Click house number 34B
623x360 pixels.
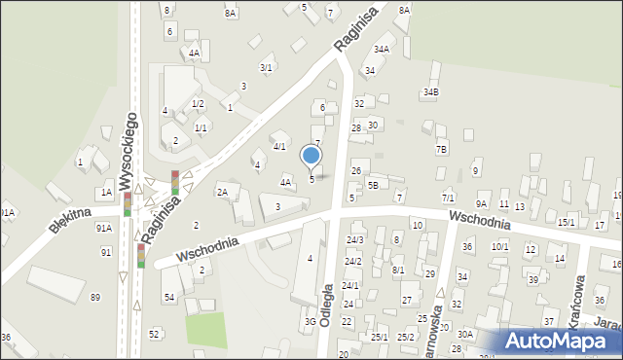click(x=430, y=92)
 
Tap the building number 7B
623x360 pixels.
click(x=441, y=149)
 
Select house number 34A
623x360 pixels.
click(x=382, y=49)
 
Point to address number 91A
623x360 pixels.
click(x=103, y=228)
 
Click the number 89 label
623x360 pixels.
click(x=94, y=297)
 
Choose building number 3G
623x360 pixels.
click(x=311, y=321)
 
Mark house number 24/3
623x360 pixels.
click(x=354, y=239)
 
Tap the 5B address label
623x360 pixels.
click(x=372, y=185)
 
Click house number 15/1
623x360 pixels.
click(x=566, y=223)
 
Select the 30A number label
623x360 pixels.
click(x=465, y=334)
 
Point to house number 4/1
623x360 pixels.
click(x=279, y=147)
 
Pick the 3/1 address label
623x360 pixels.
click(x=265, y=67)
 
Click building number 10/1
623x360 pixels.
click(x=499, y=247)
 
